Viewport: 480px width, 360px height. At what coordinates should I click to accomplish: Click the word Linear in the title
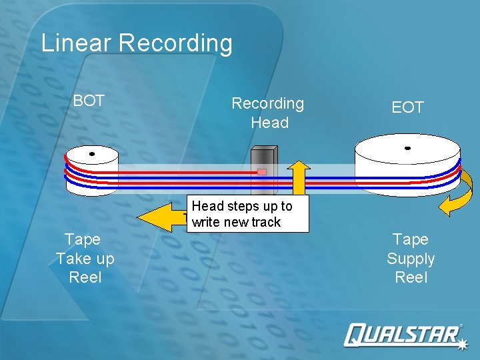tap(76, 43)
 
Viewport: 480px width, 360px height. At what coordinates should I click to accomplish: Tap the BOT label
tap(89, 101)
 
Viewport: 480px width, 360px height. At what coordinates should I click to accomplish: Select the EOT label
tap(407, 107)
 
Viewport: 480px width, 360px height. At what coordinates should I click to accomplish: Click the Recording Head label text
tap(268, 113)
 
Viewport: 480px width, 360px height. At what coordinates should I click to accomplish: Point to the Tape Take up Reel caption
tap(85, 258)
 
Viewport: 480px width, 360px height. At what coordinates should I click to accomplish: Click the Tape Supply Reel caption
tap(411, 258)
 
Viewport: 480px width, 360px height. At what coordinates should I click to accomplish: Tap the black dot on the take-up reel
tap(92, 154)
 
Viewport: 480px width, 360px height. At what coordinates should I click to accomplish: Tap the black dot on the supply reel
tap(407, 148)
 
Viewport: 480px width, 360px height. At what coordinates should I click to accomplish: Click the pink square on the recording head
tap(262, 172)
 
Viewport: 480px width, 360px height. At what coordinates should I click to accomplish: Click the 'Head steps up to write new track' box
tap(249, 213)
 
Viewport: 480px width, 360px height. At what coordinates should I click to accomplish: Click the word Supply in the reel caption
tap(411, 259)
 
